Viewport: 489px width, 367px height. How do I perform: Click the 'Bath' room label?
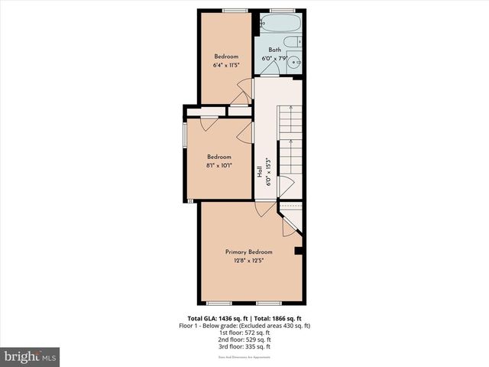click(274, 50)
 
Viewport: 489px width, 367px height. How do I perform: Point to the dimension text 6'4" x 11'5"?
click(226, 65)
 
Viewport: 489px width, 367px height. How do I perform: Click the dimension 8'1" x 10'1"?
click(219, 165)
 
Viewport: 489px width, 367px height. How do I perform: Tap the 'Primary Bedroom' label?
click(248, 252)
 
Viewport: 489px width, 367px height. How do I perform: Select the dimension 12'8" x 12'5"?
click(248, 260)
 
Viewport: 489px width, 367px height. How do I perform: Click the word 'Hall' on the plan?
click(260, 173)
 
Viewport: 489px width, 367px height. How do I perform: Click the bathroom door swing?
click(269, 67)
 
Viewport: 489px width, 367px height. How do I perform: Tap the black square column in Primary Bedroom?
click(299, 250)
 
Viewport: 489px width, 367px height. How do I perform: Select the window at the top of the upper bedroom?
click(235, 10)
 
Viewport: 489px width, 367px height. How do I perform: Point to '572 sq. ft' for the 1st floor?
click(257, 333)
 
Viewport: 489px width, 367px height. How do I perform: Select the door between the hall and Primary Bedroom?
click(263, 208)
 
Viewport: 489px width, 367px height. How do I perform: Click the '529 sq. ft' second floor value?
click(257, 339)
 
